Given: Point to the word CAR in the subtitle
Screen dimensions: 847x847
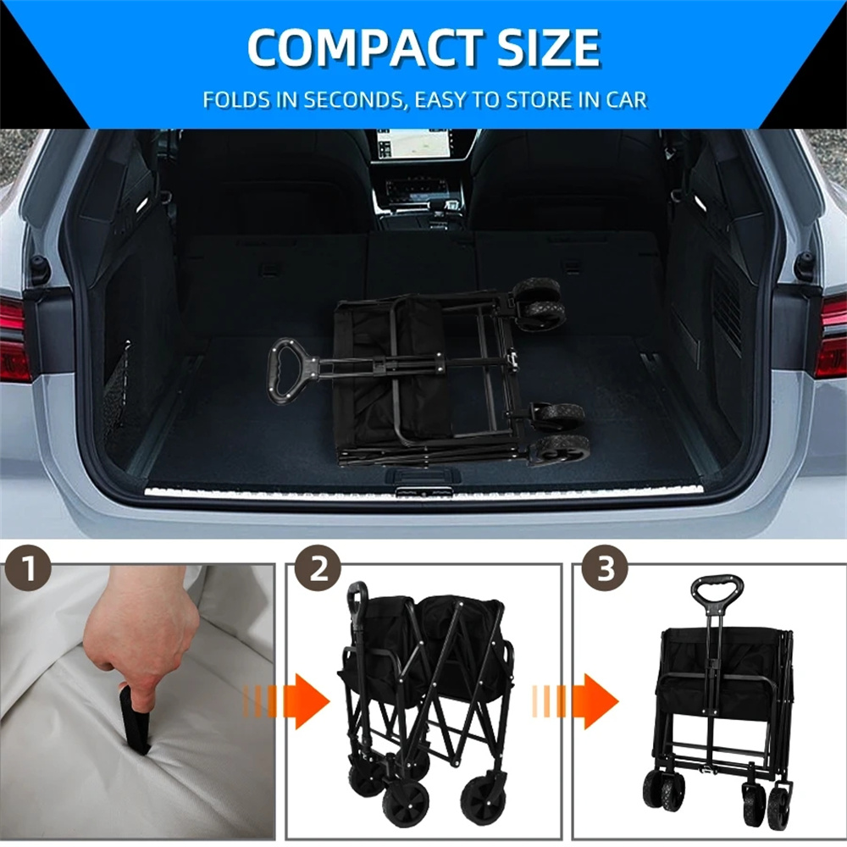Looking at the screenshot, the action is pos(626,100).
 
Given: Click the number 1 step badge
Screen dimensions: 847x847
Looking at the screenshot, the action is pos(28,569).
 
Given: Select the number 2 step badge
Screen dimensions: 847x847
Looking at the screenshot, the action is pos(318,569).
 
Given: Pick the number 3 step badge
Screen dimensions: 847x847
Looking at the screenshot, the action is pos(605,569).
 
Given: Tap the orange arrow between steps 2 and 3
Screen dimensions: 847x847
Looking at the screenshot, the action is pos(575,701).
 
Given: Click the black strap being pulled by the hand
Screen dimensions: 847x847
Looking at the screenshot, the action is pos(134,719).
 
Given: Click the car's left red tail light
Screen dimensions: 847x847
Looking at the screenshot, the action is pos(14,339).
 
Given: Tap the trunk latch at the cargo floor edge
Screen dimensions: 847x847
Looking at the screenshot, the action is pos(423,475).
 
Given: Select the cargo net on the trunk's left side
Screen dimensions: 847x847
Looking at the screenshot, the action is pos(119,390).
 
